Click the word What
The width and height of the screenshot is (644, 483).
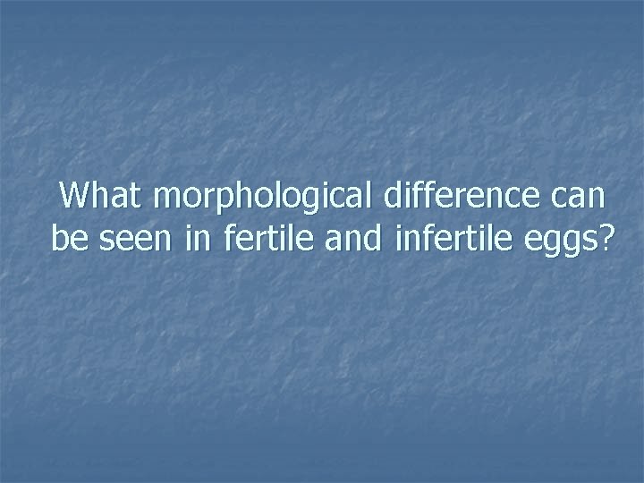(101, 196)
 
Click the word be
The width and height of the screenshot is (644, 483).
(65, 239)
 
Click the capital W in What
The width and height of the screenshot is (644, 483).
(73, 196)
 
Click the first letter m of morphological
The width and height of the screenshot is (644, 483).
(167, 199)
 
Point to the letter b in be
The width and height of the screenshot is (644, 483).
(58, 238)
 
